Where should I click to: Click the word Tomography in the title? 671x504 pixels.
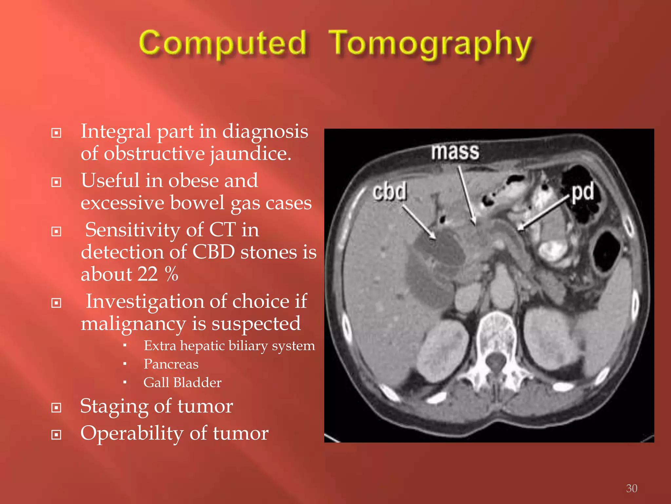(430, 44)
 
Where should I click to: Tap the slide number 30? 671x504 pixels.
(631, 488)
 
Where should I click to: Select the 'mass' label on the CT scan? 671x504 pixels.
(455, 152)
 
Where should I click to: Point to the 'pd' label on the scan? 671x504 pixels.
(583, 192)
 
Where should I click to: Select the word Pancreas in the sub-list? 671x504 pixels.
(171, 364)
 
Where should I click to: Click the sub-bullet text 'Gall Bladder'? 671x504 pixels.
(182, 383)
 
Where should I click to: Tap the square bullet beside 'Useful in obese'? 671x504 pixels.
(56, 182)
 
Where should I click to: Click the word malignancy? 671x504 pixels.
(133, 324)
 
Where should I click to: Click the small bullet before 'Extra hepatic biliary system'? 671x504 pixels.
(125, 346)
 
